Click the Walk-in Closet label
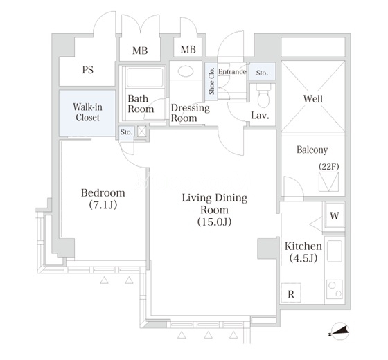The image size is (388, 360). [x=87, y=112]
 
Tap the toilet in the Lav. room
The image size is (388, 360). [x=263, y=96]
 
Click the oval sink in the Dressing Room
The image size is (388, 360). [x=186, y=71]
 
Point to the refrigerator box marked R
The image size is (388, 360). [x=291, y=293]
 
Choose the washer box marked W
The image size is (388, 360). [x=334, y=215]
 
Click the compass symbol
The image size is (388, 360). [x=340, y=331]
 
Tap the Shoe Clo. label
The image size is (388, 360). [x=211, y=81]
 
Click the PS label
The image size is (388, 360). [x=88, y=70]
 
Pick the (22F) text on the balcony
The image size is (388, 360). [x=328, y=166]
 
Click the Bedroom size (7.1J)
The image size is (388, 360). [x=103, y=205]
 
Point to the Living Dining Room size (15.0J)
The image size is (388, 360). [x=214, y=222]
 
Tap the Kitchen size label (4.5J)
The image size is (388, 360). [x=303, y=258]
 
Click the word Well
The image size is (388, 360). [x=313, y=98]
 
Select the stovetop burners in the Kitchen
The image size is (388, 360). [x=335, y=289]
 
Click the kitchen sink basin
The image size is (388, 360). [x=335, y=251]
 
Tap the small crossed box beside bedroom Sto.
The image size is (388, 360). [x=142, y=132]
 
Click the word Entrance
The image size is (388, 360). [x=232, y=72]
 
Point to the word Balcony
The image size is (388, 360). [x=312, y=150]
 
